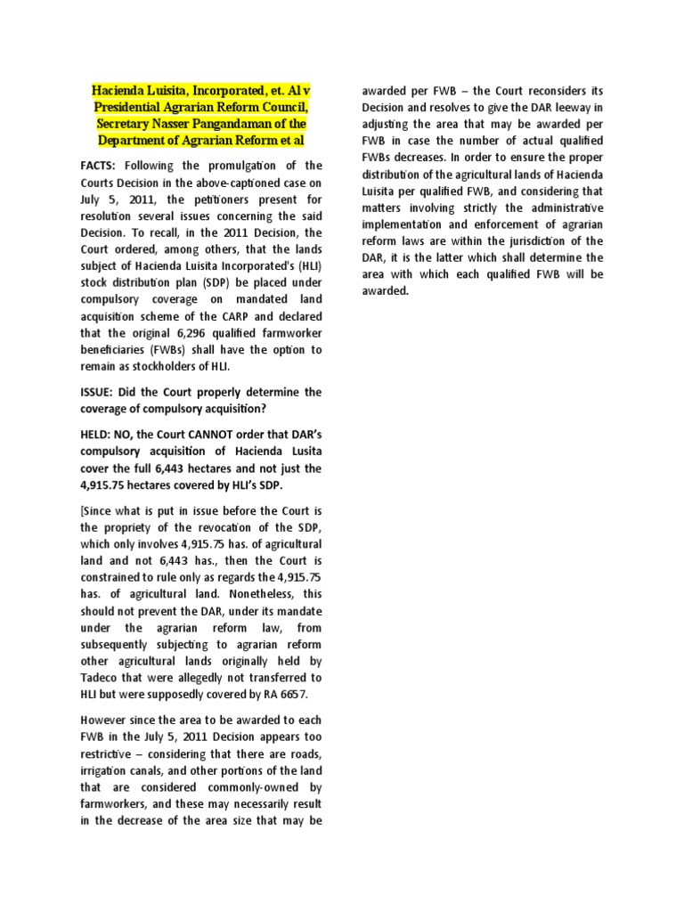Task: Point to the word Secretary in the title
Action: [131, 123]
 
